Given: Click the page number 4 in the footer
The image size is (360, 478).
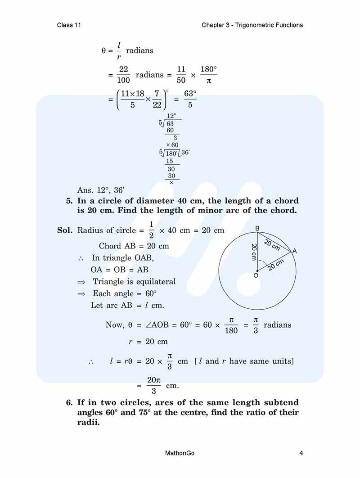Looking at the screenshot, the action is click(x=301, y=453).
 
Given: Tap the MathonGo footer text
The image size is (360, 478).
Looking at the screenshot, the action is click(x=180, y=453).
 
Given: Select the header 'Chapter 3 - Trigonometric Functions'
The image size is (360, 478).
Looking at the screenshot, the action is click(x=252, y=25).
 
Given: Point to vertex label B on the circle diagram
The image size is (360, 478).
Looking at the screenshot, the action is click(x=257, y=229).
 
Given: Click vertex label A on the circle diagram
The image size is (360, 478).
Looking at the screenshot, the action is click(x=295, y=251).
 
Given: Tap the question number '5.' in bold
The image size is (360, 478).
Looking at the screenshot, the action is click(x=70, y=201).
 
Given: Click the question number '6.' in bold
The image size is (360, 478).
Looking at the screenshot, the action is click(x=70, y=402).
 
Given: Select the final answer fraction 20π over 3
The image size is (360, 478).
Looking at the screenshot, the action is click(x=154, y=385).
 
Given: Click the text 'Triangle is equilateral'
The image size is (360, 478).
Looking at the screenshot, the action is click(x=134, y=282).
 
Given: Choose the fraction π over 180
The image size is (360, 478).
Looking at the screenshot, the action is click(x=231, y=325).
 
